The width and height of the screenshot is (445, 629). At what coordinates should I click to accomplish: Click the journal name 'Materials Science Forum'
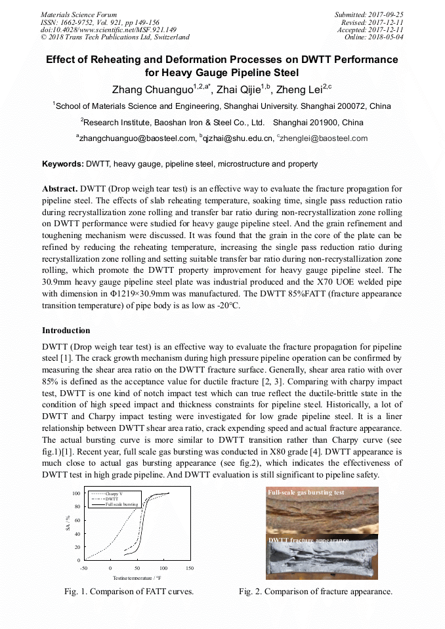pyautogui.click(x=79, y=14)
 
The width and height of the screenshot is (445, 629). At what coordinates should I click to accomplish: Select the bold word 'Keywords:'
pyautogui.click(x=63, y=164)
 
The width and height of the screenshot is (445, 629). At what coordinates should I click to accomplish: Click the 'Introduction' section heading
pyautogui.click(x=66, y=330)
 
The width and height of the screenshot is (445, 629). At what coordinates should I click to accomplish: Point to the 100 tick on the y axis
pyautogui.click(x=75, y=493)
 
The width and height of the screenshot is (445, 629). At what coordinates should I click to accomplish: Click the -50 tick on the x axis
pyautogui.click(x=83, y=568)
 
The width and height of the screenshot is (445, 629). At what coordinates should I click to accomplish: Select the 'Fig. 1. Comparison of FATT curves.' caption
pyautogui.click(x=129, y=592)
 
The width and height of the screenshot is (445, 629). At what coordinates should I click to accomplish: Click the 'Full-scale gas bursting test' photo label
pyautogui.click(x=306, y=492)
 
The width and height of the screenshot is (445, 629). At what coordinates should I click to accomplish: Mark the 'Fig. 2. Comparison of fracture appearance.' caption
pyautogui.click(x=316, y=592)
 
